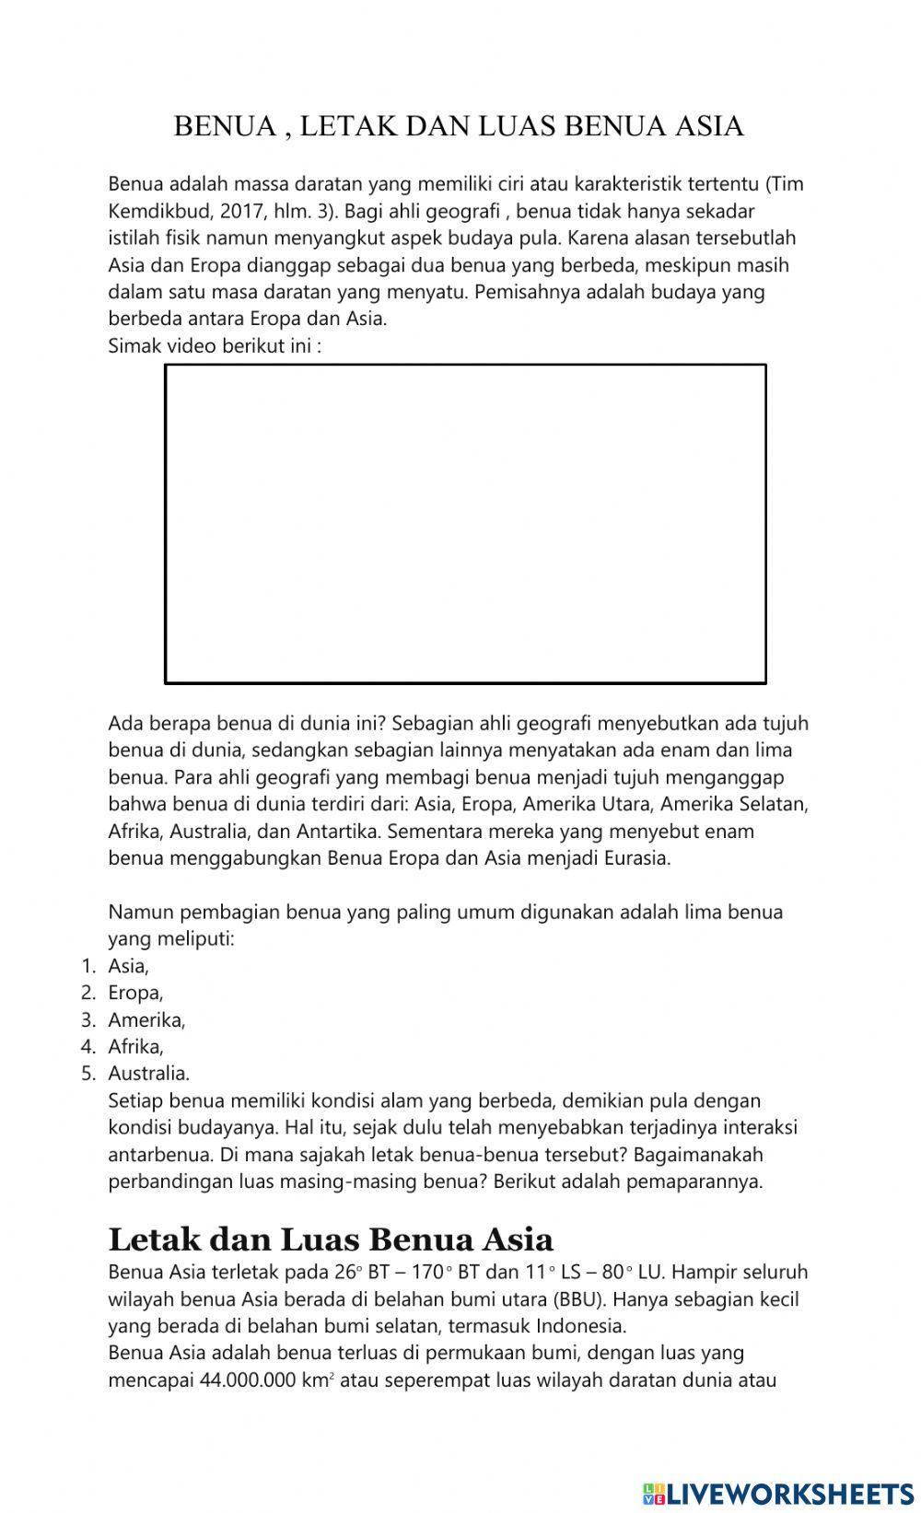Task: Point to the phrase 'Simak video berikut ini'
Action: click(214, 346)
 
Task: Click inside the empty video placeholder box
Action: click(465, 524)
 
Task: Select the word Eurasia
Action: click(636, 859)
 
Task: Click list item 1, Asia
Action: click(128, 966)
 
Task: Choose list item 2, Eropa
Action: click(135, 993)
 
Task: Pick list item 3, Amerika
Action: click(146, 1019)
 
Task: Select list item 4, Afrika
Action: click(135, 1046)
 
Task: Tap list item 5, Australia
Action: click(148, 1074)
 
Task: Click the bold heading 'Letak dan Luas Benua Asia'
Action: click(331, 1239)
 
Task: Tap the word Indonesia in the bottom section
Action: click(579, 1326)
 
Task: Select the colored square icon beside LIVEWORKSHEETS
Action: click(653, 1493)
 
